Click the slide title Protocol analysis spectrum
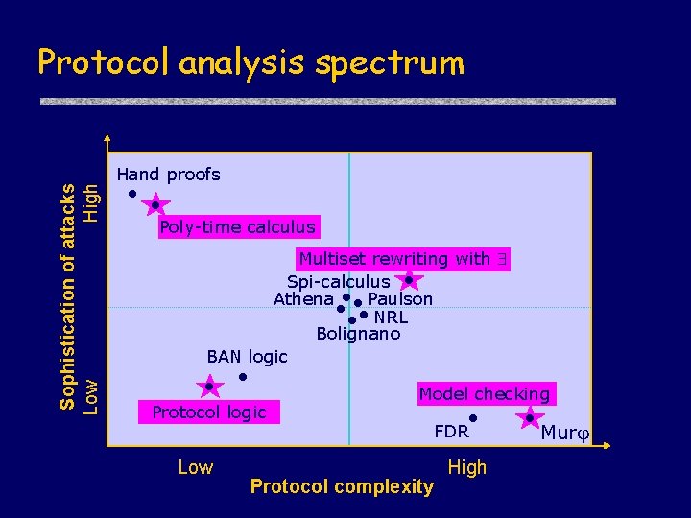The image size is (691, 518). [250, 63]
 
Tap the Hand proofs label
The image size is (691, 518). [168, 175]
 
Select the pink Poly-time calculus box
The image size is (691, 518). [237, 227]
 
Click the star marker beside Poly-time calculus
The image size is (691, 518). [155, 205]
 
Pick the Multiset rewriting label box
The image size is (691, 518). [402, 259]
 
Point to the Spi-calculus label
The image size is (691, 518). [338, 281]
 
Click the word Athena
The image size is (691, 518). [303, 299]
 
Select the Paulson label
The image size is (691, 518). [400, 299]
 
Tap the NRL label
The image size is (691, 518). [391, 317]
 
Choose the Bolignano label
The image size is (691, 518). [358, 334]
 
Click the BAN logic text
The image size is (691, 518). [247, 357]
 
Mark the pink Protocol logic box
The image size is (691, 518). [209, 412]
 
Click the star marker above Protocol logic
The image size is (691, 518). [209, 387]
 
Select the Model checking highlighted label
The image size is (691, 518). [485, 393]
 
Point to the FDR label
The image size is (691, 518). [451, 432]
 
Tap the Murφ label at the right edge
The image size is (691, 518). [564, 433]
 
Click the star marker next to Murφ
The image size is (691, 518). [529, 418]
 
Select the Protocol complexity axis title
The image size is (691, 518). [342, 486]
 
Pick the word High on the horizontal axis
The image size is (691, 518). [467, 467]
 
